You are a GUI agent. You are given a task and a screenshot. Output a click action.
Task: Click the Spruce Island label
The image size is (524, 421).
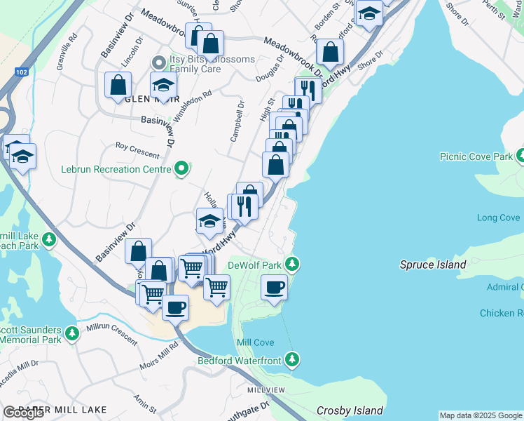coord(433,265)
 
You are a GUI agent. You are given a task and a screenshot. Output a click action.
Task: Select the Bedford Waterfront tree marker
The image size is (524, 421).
coord(294,361)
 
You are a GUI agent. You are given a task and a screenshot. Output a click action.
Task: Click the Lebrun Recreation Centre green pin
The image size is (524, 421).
coord(182,168)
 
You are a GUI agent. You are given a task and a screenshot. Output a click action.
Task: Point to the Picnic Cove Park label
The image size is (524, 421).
coord(476,156)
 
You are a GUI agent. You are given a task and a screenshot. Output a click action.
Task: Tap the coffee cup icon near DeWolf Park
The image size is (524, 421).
coord(274,286)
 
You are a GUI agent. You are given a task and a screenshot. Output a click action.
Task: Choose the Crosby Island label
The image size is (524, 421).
coord(350,410)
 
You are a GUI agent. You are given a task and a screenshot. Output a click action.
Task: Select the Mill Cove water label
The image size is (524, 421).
coord(255,342)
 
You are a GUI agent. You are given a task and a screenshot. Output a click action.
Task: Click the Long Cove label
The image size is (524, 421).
coord(499,218)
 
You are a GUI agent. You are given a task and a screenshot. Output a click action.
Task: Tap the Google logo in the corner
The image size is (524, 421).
coord(24,413)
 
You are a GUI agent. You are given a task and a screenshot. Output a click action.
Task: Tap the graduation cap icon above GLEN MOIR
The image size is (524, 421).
coord(163,85)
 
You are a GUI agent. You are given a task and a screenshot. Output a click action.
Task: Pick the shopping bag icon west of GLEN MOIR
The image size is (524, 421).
coord(118,85)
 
